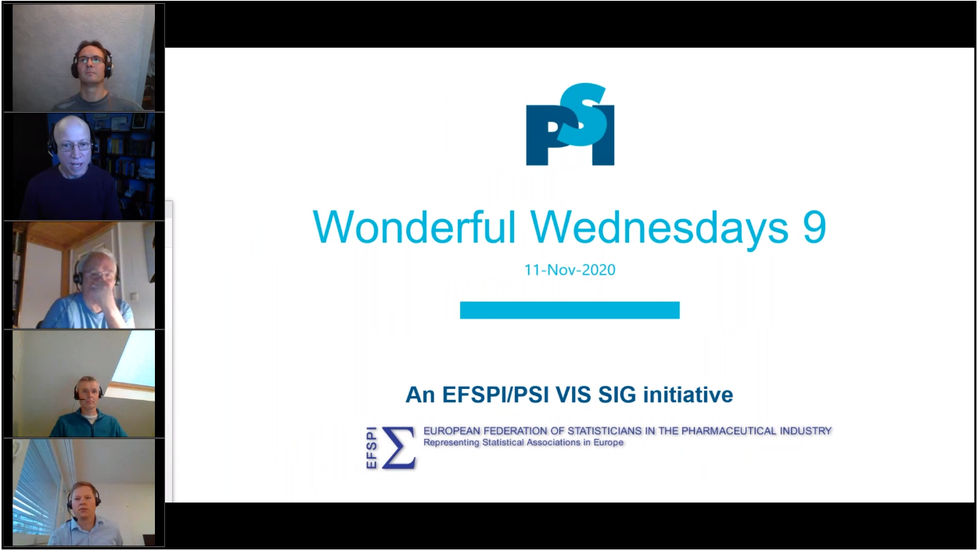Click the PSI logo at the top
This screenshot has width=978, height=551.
(570, 124)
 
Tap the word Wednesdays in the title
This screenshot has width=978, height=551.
(660, 227)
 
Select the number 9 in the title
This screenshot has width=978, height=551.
(814, 227)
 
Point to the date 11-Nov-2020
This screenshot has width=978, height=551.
(570, 270)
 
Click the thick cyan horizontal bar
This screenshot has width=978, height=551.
(570, 310)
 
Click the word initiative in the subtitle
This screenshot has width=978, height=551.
(688, 394)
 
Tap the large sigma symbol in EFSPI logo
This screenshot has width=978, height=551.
(398, 448)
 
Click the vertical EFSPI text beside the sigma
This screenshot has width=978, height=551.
(372, 448)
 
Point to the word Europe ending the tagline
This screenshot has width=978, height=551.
(608, 442)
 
